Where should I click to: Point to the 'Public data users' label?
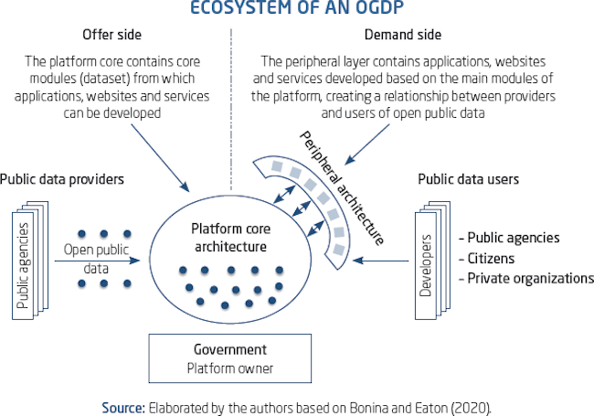coord(468,179)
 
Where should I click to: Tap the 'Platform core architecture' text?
coord(228,237)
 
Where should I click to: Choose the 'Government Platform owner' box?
coord(230,359)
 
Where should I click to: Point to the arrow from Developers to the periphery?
coord(380,261)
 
